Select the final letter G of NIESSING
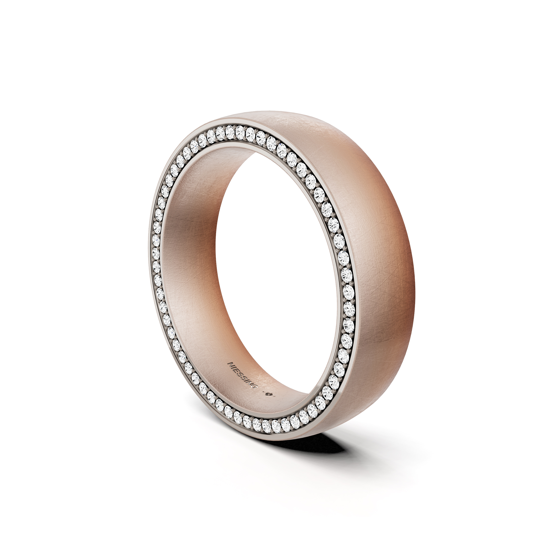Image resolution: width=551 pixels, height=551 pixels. pyautogui.click(x=255, y=386)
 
